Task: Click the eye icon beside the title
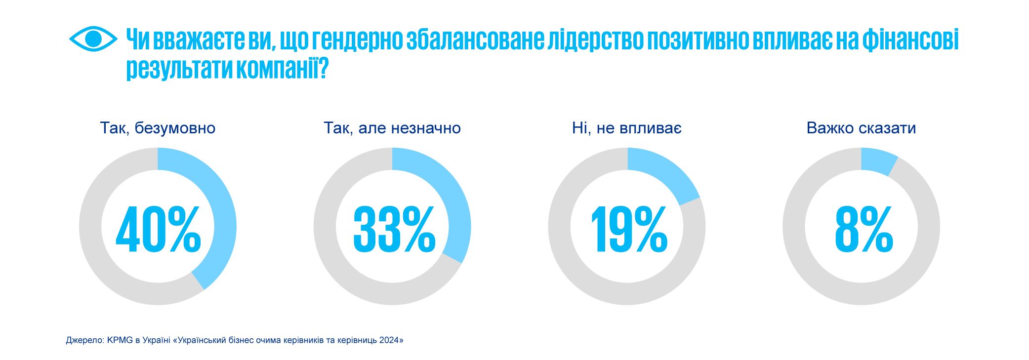point(93,39)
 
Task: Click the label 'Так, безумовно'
point(158,128)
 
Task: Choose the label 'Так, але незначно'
point(392,128)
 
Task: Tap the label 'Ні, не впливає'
point(627,128)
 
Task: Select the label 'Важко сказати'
point(861,128)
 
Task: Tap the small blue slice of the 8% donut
point(877,160)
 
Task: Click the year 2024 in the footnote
point(389,340)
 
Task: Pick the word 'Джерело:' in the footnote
point(85,340)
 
